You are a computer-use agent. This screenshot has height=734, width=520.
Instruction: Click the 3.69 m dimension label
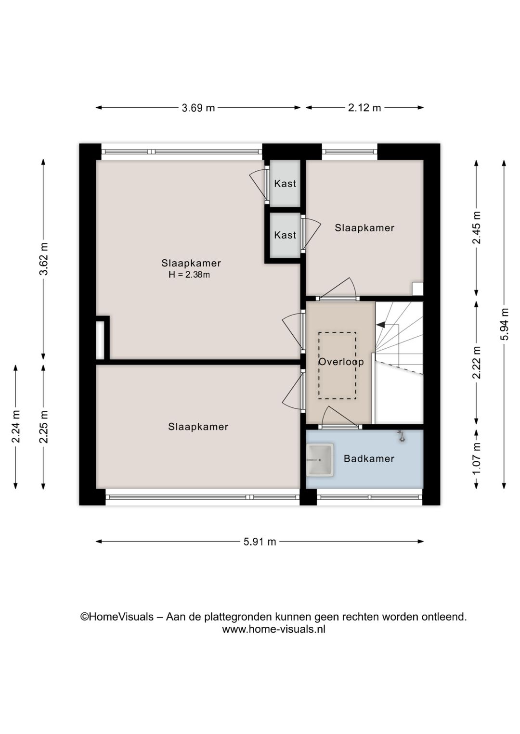point(198,108)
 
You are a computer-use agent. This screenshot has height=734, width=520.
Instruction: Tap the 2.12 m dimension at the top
point(364,108)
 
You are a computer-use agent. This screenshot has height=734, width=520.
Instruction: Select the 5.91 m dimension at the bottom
point(260,542)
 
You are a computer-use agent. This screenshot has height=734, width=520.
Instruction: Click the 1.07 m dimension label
point(477,457)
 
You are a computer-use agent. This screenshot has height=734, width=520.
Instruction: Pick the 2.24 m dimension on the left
point(16,426)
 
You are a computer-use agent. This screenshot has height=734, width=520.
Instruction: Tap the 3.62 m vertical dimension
point(43,259)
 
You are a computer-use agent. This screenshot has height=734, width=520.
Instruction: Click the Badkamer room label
point(369,459)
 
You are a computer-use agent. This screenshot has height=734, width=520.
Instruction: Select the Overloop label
point(341,362)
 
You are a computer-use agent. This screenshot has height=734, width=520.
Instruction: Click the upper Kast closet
point(285,183)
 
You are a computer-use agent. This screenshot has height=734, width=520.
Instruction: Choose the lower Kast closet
point(285,235)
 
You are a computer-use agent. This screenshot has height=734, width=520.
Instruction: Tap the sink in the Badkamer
point(320,460)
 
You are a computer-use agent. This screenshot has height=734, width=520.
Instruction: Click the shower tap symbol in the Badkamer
point(401,436)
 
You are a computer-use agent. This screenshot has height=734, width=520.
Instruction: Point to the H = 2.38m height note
point(189,275)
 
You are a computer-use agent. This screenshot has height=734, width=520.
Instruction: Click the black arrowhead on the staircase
point(380,325)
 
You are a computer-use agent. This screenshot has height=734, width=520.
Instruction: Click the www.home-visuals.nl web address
point(273,629)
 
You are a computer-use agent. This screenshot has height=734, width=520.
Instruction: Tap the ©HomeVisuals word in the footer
point(117,617)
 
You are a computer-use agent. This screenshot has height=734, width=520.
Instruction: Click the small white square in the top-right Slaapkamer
point(417,288)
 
